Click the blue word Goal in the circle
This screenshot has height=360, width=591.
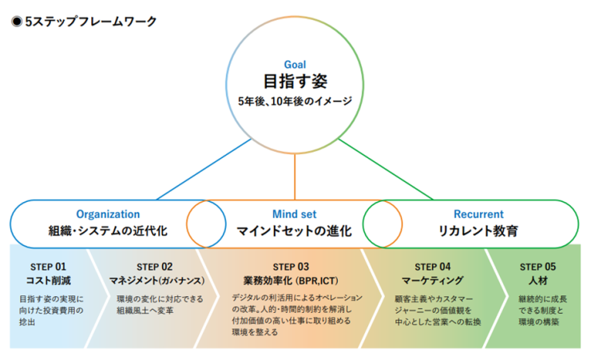(x=295, y=65)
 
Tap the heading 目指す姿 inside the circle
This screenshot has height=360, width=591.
(x=295, y=81)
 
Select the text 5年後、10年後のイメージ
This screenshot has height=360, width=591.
(x=295, y=101)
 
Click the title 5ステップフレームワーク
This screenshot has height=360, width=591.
(x=91, y=22)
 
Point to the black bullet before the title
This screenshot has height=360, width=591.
(x=17, y=22)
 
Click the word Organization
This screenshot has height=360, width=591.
(x=108, y=214)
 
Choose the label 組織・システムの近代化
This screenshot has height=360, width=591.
(x=108, y=231)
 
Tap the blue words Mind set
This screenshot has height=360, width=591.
(x=295, y=214)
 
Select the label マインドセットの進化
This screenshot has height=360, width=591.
(x=295, y=231)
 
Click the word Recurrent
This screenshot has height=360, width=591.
(x=478, y=214)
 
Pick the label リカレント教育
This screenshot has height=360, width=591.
(x=478, y=231)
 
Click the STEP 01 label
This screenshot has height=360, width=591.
(x=48, y=267)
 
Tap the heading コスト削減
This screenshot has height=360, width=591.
(x=48, y=280)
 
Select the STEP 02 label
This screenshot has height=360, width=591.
(x=154, y=267)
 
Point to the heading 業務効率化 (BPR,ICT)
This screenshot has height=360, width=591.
(x=291, y=280)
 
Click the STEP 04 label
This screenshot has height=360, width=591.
(x=433, y=267)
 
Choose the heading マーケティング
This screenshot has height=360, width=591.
(x=433, y=280)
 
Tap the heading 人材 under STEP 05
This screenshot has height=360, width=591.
(x=537, y=280)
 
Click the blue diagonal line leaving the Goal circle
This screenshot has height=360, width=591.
(x=204, y=169)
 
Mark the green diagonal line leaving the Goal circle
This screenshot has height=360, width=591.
(x=386, y=169)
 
